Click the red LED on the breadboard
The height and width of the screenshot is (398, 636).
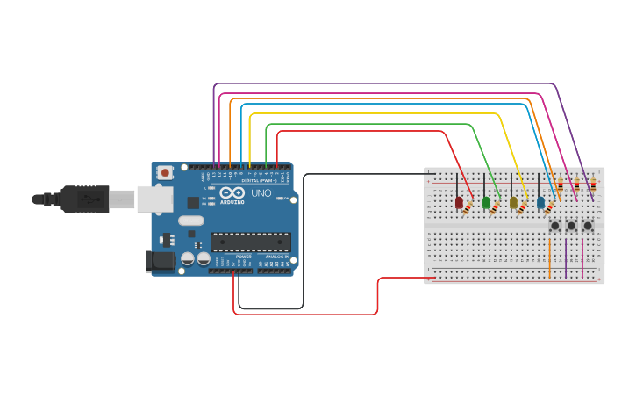(x=459, y=203)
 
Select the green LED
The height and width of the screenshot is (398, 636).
(x=486, y=203)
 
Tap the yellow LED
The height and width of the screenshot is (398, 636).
(x=513, y=203)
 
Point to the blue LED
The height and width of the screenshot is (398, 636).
(x=540, y=203)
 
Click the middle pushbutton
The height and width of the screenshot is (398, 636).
(x=571, y=226)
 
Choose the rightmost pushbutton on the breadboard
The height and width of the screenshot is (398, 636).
(x=588, y=226)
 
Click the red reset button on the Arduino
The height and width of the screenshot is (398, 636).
(x=165, y=173)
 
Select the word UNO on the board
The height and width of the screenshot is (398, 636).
(x=261, y=192)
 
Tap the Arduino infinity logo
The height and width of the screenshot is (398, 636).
(x=232, y=193)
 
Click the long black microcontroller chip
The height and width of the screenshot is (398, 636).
(x=250, y=242)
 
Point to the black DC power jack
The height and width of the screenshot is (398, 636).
(x=157, y=260)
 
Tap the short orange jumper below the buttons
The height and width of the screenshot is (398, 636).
(x=550, y=257)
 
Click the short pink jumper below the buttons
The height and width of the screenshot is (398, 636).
(x=583, y=257)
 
